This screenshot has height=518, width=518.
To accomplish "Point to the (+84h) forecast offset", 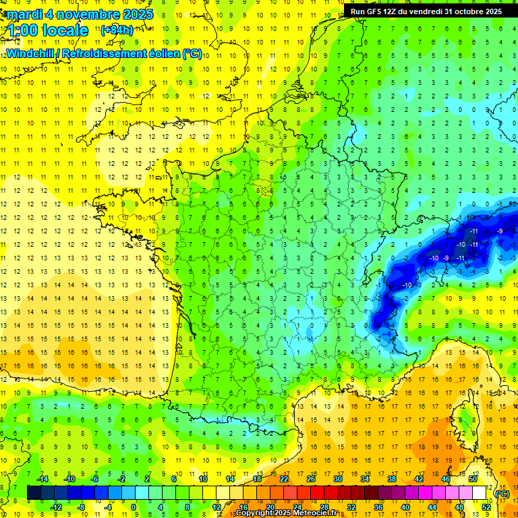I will [x=117, y=30].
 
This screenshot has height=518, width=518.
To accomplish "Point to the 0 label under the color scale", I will [x=134, y=507].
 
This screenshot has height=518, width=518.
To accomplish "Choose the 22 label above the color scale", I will [x=284, y=479].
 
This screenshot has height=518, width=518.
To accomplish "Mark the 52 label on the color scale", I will [x=486, y=507].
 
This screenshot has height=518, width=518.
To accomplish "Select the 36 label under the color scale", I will [x=378, y=507].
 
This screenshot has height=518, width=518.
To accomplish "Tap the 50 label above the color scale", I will [x=473, y=479].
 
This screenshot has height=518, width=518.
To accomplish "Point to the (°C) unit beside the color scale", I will [x=502, y=494].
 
